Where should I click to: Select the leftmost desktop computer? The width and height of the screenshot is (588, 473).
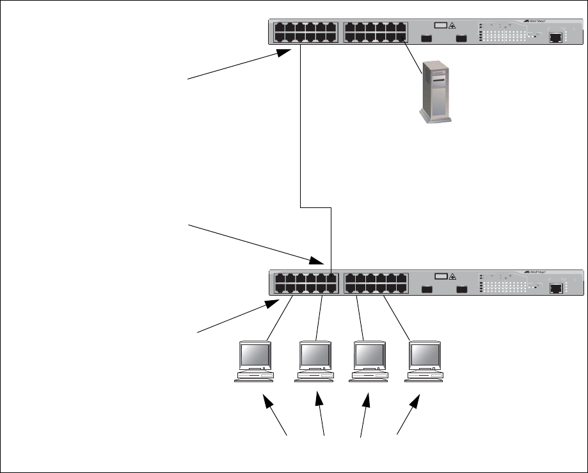point(254,362)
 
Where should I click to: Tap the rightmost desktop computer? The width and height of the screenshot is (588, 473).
point(424,362)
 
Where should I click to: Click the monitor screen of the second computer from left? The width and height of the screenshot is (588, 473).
point(315,353)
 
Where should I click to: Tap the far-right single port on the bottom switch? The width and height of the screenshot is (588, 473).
point(556,288)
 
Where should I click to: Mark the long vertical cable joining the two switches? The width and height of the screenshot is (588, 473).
point(300,128)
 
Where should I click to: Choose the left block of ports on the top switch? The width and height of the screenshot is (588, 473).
point(305,32)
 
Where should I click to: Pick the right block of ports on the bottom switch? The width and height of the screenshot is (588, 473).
point(376,283)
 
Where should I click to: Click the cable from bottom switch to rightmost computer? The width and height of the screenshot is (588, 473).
point(397,317)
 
